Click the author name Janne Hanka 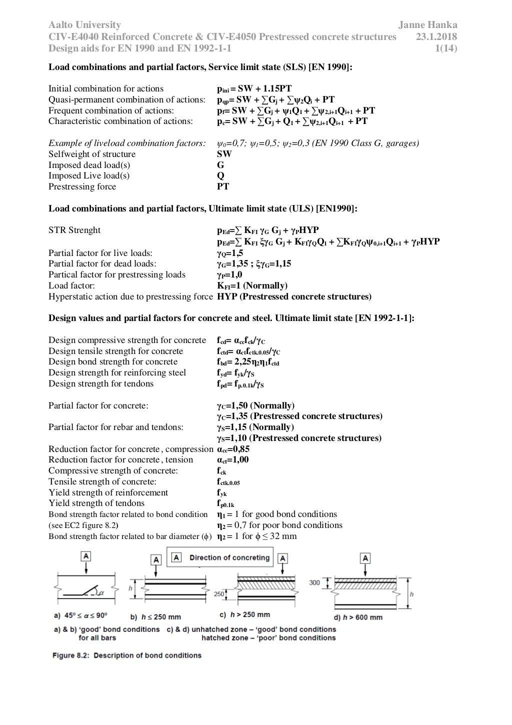427,24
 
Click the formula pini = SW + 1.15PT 254,89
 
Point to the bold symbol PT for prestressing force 223,186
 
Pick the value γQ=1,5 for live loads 229,253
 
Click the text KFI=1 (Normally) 252,286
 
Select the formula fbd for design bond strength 247,362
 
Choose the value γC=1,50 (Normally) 255,405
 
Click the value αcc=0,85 233,449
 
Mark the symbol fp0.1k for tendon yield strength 225,503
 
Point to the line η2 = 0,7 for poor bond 279,525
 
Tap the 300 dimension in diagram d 314,582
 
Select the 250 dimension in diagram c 219,594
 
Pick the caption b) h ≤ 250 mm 155,617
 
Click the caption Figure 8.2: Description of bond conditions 127,655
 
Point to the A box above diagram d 365,558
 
